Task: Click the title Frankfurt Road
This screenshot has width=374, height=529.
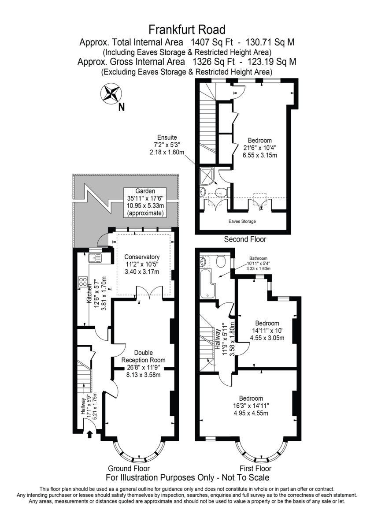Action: click(187, 30)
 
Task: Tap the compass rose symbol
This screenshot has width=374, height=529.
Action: click(111, 93)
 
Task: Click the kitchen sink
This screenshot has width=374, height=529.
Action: click(95, 257)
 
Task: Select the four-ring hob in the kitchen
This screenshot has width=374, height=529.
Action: click(83, 282)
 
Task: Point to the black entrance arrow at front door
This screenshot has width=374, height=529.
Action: click(90, 434)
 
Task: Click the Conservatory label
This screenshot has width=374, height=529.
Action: click(142, 257)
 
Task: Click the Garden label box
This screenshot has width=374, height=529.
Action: click(145, 202)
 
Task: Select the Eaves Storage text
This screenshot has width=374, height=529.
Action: click(242, 221)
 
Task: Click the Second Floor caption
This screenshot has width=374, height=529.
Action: click(245, 239)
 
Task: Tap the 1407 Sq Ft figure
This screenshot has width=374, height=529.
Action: click(211, 42)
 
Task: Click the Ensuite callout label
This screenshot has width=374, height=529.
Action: click(167, 138)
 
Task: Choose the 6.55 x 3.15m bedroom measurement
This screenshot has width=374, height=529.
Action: click(259, 155)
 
